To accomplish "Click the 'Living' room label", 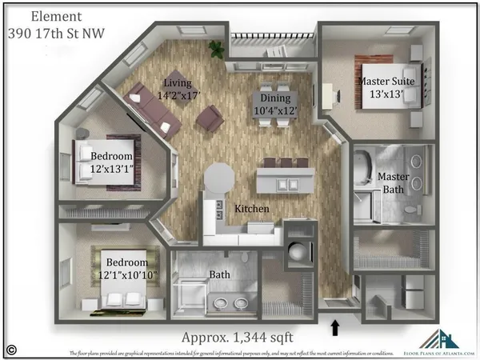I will (x=178, y=83).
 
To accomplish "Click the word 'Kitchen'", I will (x=251, y=209).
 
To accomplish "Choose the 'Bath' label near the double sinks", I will (x=220, y=274).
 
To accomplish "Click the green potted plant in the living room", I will (x=217, y=50).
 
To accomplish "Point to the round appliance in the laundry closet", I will (x=297, y=253).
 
